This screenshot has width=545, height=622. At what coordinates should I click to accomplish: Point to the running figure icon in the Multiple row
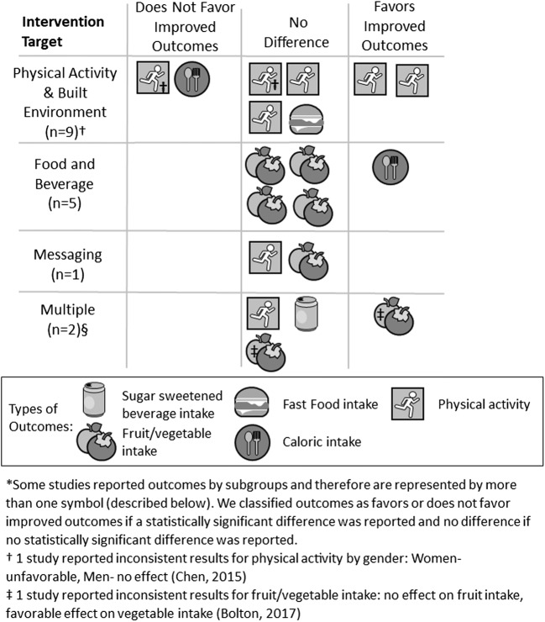pyautogui.click(x=265, y=313)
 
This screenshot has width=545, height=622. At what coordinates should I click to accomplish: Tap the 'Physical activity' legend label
pyautogui.click(x=485, y=404)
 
